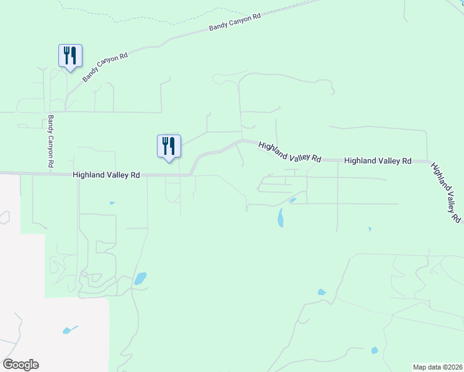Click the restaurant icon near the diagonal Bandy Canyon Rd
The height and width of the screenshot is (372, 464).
[x=70, y=55]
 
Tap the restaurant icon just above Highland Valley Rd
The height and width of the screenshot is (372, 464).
[x=169, y=146]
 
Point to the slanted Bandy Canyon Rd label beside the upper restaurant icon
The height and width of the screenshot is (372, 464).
[x=105, y=68]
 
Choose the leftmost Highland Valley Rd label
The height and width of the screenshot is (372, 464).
[x=106, y=175]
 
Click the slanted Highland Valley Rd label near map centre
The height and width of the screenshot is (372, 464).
[x=290, y=152]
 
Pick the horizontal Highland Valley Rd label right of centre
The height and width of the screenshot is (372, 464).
[x=378, y=161]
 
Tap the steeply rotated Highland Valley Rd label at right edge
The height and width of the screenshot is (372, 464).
[x=446, y=193]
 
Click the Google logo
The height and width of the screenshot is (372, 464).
[x=20, y=365]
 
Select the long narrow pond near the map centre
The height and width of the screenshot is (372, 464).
[x=280, y=218]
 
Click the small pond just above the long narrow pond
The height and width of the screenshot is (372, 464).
[x=292, y=200]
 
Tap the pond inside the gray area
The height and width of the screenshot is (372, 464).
[x=70, y=330]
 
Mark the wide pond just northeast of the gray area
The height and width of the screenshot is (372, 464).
[x=141, y=278]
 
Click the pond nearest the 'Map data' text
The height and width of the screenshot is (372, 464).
[x=374, y=350]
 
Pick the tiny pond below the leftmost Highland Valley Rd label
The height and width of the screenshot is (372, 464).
[x=112, y=203]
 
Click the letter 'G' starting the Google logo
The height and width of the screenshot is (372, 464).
[x=8, y=365]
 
